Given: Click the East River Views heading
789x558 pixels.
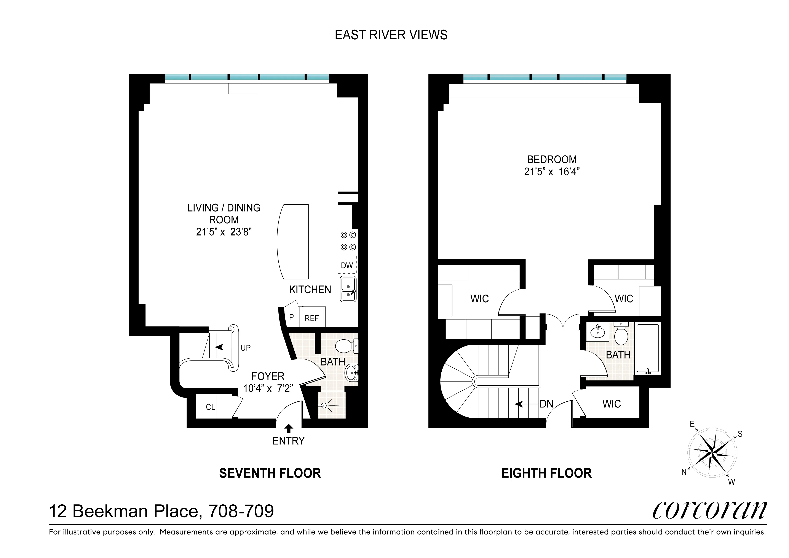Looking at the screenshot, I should point(391,35).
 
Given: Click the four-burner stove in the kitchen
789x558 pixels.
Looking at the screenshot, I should point(348,241).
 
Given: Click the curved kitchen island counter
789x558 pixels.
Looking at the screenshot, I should point(292,241).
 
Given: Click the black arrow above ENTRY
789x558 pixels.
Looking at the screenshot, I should point(289,428).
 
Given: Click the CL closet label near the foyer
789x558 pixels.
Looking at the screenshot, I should point(210,407).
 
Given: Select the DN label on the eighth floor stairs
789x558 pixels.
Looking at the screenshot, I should point(546,404).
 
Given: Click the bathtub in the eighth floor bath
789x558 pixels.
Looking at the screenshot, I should point(648,349).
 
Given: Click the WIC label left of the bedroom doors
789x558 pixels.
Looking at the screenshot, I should point(479,299).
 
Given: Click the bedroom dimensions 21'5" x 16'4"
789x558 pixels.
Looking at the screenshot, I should point(552,172).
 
